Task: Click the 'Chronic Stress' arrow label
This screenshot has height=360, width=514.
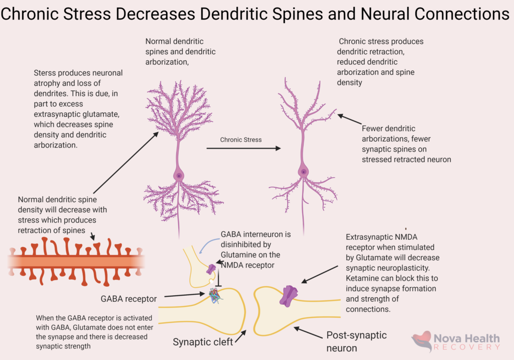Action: (240, 140)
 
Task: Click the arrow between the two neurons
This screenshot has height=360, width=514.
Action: (243, 149)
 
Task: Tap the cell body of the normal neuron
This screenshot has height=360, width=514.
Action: (179, 176)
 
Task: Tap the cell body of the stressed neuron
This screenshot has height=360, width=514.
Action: (303, 172)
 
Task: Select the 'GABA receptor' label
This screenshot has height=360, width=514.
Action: (127, 299)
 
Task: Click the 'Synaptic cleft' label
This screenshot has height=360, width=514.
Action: (203, 342)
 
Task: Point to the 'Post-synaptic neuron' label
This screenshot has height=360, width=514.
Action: (356, 341)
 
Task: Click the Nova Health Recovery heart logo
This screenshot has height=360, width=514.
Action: (422, 341)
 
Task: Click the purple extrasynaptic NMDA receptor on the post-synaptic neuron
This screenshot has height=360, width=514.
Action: (290, 296)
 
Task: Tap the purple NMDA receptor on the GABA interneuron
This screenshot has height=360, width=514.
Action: (211, 269)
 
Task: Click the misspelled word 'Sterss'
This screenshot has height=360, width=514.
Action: (45, 73)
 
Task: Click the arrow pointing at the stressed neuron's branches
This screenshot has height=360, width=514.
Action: (349, 119)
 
